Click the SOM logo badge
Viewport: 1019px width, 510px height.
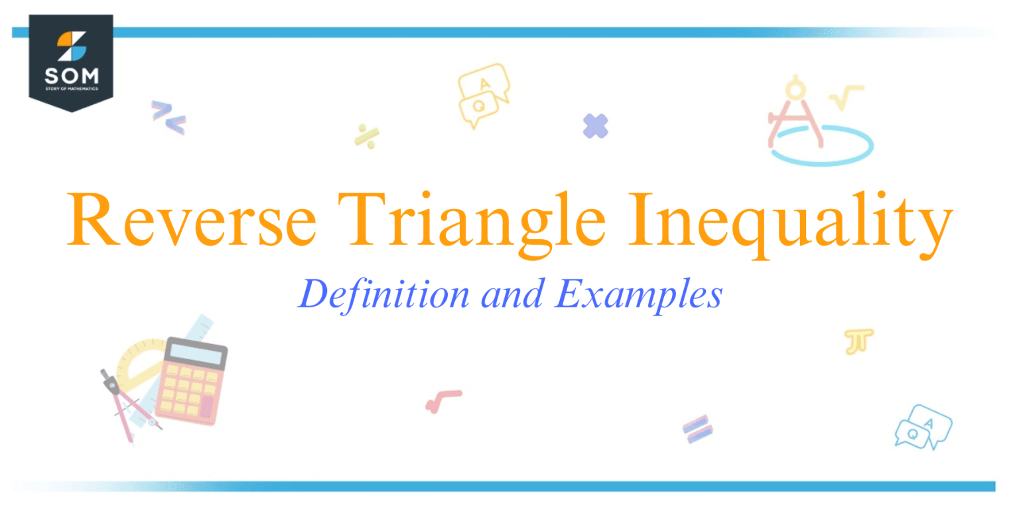(x=71, y=61)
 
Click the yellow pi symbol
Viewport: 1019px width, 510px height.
(x=858, y=341)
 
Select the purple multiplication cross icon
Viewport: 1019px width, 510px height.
(x=595, y=126)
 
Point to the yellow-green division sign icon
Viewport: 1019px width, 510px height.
(x=366, y=135)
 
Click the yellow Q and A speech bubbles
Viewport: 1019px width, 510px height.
(x=482, y=95)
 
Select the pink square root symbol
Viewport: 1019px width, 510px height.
(x=441, y=400)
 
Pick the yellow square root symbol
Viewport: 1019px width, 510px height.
(x=845, y=96)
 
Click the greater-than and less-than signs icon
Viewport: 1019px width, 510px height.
(x=168, y=117)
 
